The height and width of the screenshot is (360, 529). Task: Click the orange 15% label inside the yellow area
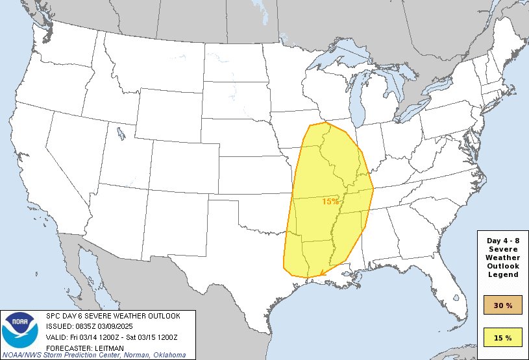click(x=330, y=202)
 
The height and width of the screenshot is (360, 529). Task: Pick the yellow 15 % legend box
click(x=502, y=337)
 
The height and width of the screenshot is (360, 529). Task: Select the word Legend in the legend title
click(x=503, y=274)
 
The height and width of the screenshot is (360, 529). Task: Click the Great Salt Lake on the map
click(x=121, y=134)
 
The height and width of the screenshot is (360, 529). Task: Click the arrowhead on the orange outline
click(x=315, y=275)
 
